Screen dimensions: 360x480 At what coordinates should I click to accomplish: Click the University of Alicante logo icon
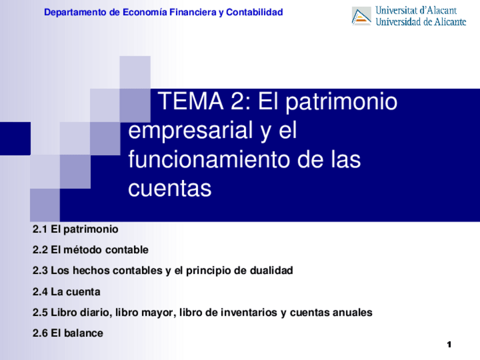tap(361, 16)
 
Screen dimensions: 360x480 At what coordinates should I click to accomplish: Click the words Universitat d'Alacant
tap(416, 10)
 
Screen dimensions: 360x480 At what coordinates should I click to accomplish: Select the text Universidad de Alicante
tap(421, 22)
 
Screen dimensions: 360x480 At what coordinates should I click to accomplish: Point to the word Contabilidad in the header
tap(254, 12)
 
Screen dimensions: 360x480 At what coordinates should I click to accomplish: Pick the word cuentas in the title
tap(170, 188)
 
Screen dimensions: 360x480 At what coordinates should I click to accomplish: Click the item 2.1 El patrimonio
tap(76, 229)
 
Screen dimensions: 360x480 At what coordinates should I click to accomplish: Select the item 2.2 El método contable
tap(91, 250)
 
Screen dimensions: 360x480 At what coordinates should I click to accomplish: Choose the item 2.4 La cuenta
tap(67, 292)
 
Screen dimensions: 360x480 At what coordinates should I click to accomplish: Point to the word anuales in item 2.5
tap(352, 312)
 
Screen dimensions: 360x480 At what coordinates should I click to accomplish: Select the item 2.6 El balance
tap(68, 333)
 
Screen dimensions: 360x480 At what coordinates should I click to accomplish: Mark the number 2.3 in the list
tap(40, 271)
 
